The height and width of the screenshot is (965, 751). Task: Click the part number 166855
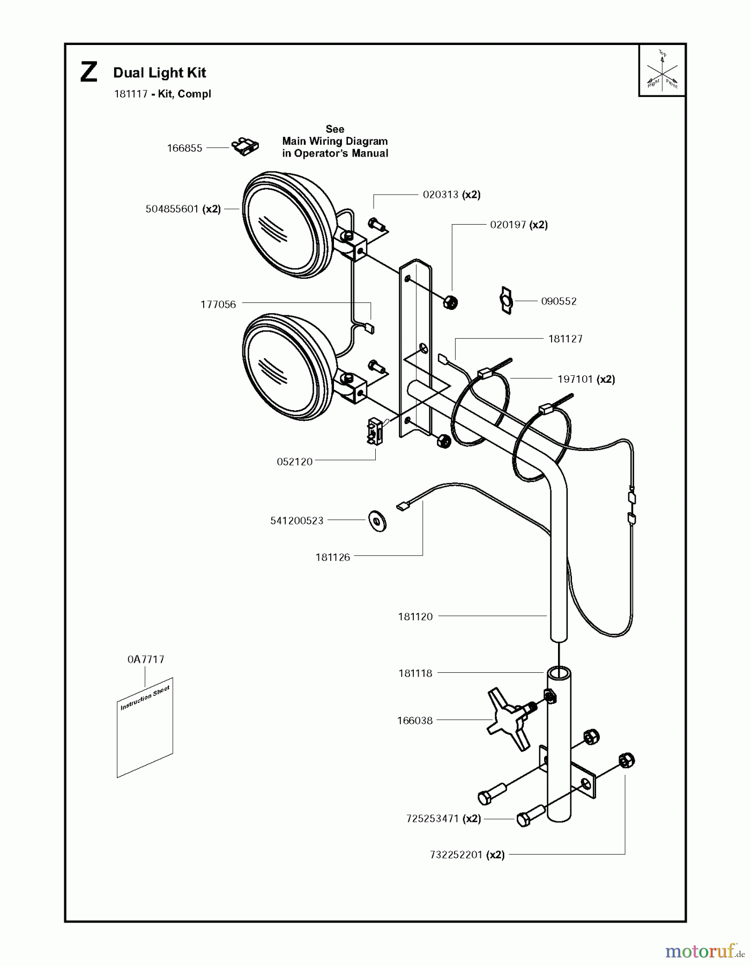coord(184,148)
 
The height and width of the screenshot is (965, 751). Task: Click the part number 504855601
coord(172,209)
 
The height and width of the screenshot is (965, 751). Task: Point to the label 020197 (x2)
coord(518,225)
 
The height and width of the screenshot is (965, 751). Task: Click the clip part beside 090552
coord(505,301)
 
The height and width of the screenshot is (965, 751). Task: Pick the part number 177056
coord(218,305)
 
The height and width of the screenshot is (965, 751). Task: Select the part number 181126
coord(332,558)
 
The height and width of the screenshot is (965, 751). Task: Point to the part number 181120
coord(415,617)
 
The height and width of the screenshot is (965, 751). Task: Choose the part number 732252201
coord(456,855)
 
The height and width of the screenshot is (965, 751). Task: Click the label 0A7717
coord(146,659)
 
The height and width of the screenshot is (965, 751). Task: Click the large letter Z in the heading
coord(89,73)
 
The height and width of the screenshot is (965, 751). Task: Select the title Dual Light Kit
coord(160,73)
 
